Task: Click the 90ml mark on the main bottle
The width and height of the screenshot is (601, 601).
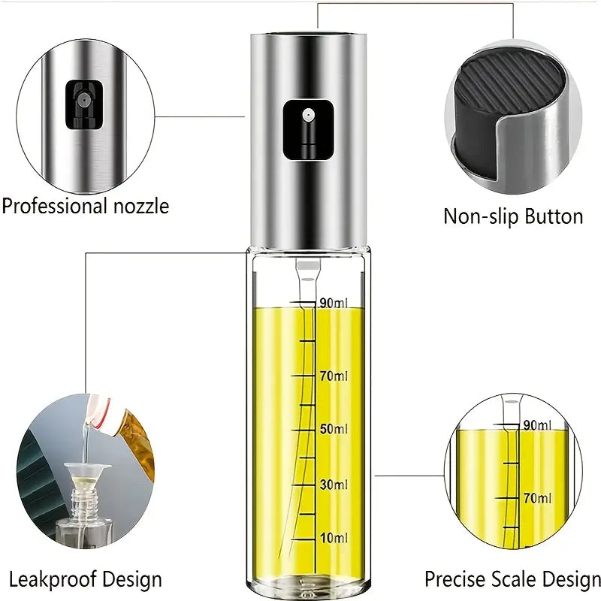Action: click(334, 304)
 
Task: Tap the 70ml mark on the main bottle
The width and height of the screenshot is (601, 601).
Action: click(334, 376)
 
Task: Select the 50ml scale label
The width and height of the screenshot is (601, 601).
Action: click(334, 429)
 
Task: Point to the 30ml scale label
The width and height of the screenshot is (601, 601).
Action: click(334, 485)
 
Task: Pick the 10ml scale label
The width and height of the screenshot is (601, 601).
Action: click(334, 538)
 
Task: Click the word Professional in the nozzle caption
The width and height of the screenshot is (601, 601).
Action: click(54, 206)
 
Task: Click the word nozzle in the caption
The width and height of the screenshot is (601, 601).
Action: click(141, 206)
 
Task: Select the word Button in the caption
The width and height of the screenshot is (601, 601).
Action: click(554, 216)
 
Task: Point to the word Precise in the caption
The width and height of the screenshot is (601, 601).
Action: click(455, 578)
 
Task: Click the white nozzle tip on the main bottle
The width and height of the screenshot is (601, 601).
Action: click(308, 115)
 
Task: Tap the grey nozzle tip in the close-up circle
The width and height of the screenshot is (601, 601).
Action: click(83, 100)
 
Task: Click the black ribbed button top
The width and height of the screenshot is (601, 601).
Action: click(509, 88)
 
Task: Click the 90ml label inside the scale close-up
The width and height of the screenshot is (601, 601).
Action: click(537, 425)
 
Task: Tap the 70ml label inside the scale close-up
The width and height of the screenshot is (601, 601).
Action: click(537, 498)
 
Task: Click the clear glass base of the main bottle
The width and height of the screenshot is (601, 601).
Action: click(308, 584)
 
